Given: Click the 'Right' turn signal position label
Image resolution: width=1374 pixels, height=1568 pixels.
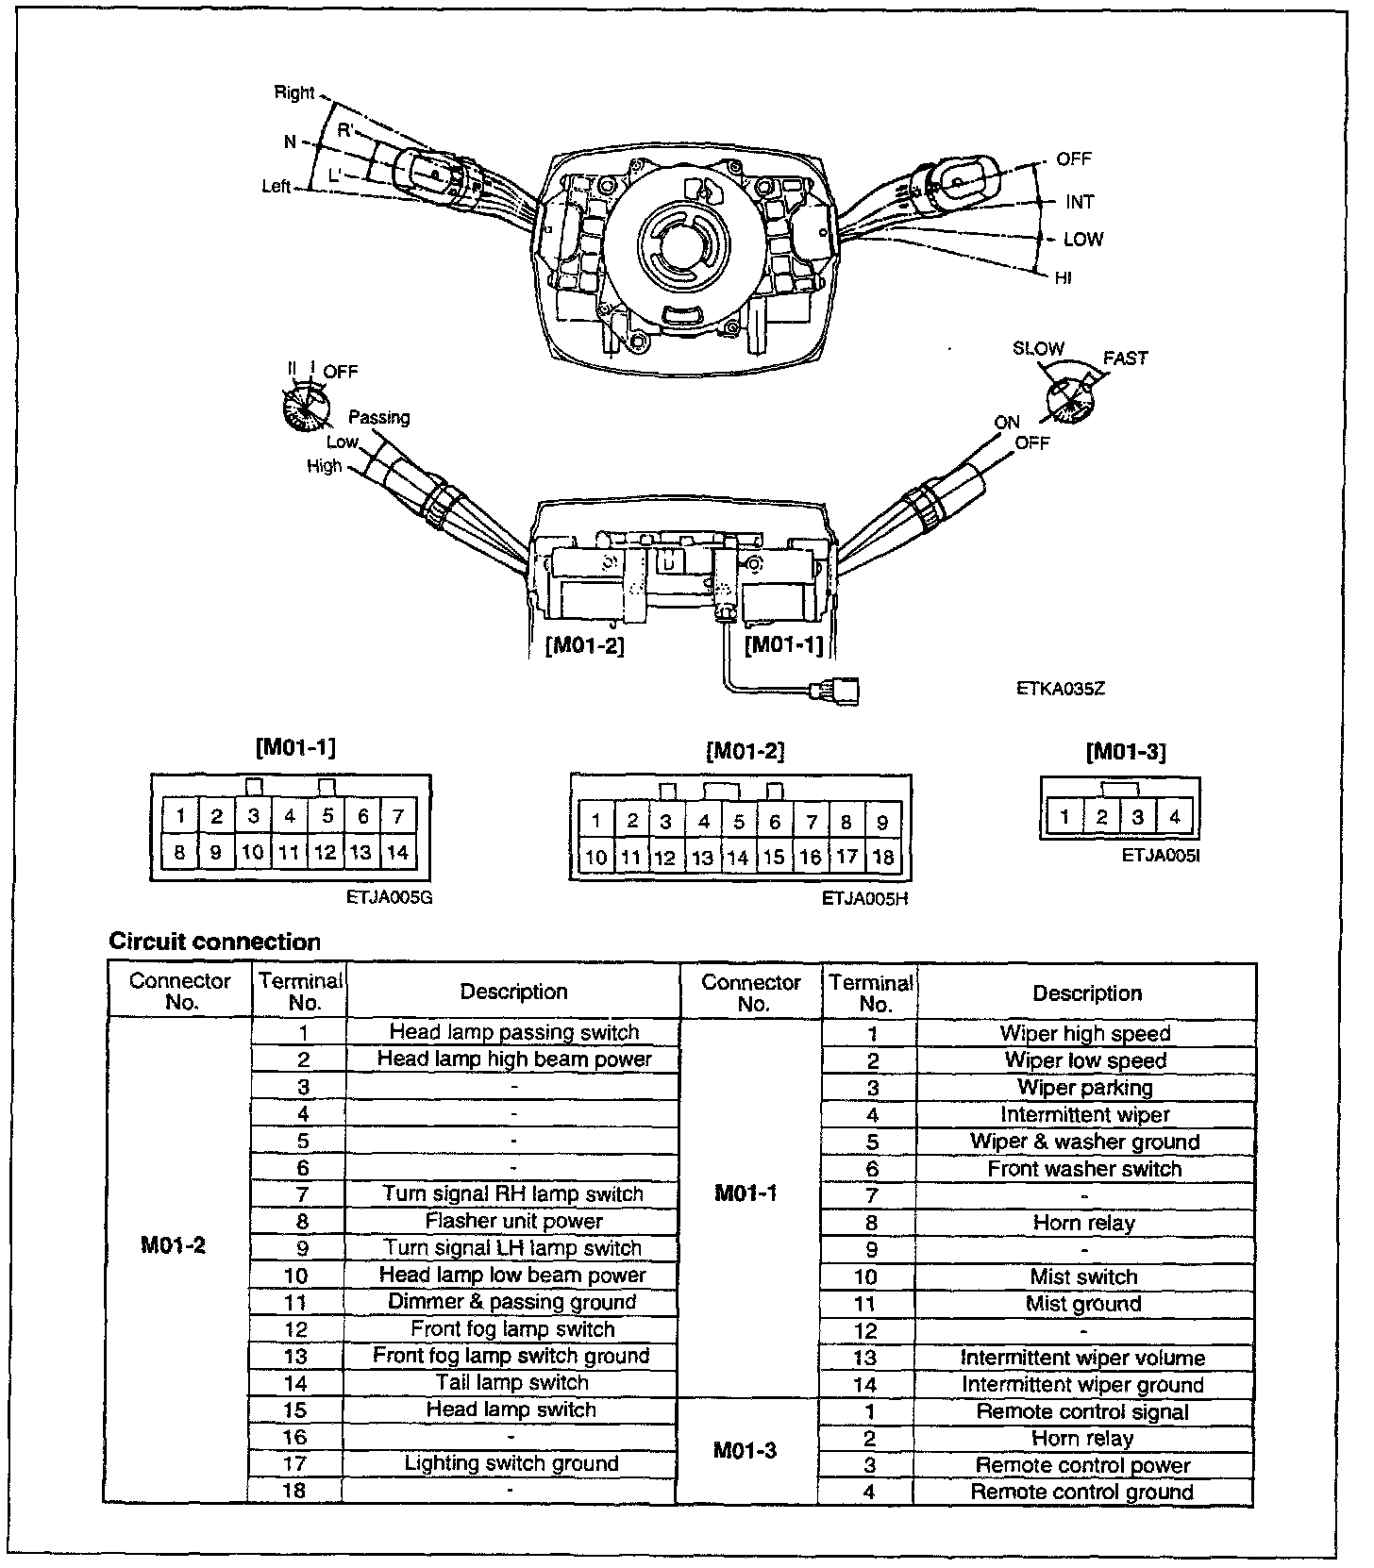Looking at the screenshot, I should (x=293, y=92).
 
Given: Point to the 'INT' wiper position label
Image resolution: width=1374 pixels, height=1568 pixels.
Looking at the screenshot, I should (x=1080, y=202).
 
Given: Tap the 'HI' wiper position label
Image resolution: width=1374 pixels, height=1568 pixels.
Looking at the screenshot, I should (x=1064, y=278).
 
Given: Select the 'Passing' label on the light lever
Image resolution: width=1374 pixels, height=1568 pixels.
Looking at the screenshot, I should (x=379, y=417).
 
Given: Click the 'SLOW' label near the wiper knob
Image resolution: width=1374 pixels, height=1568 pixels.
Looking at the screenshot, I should (x=1038, y=349).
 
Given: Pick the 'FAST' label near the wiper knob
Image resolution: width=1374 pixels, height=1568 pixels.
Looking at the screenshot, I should (x=1125, y=359).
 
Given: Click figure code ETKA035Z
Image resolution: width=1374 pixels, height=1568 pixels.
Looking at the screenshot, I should (x=1060, y=689).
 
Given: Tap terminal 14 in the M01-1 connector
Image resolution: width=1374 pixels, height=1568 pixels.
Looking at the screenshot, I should (x=397, y=852).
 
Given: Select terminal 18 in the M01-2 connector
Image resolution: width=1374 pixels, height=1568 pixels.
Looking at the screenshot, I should (x=882, y=858).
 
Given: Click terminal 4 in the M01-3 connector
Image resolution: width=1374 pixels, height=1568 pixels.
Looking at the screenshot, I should (x=1174, y=817).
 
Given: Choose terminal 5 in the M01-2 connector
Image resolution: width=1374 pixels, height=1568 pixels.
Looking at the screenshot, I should (x=739, y=822).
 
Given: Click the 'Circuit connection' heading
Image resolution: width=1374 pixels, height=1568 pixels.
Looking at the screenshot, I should (x=215, y=942).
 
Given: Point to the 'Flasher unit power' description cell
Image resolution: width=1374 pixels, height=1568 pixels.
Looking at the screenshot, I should (x=513, y=1221).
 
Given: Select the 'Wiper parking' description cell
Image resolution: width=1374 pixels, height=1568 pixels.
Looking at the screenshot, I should (x=1085, y=1088).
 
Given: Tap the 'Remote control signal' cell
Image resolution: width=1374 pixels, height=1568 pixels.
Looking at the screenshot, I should (x=1082, y=1411).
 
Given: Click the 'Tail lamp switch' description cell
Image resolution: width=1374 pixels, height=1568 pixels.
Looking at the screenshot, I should (x=512, y=1382).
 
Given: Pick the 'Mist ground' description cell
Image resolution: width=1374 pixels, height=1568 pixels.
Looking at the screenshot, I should (x=1083, y=1304).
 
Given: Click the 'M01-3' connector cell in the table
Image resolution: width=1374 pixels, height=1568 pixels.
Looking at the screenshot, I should (x=746, y=1450).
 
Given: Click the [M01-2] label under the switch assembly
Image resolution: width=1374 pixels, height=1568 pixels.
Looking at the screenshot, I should (x=585, y=646).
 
